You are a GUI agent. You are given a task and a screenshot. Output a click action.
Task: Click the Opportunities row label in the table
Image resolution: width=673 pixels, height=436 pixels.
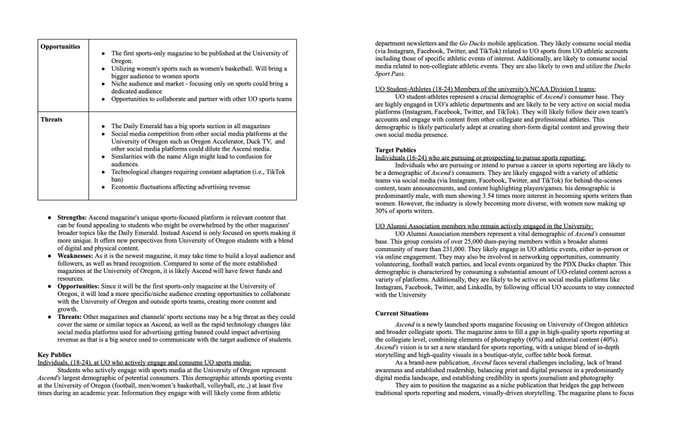coord(60,47)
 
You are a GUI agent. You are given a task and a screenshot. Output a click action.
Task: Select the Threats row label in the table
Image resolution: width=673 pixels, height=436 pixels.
coord(51,120)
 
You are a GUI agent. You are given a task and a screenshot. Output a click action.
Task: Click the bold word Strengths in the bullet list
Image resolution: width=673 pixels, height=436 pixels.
coord(72,217)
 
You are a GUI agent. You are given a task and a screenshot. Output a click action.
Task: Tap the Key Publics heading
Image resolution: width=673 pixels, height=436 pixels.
coord(54,354)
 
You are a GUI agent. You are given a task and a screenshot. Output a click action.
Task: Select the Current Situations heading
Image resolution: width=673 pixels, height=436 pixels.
coord(402,313)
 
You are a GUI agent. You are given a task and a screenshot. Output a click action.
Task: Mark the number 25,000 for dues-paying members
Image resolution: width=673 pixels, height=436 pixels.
coord(464,241)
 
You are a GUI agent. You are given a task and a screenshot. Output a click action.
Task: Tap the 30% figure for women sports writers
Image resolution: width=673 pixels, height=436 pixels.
coord(383,211)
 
